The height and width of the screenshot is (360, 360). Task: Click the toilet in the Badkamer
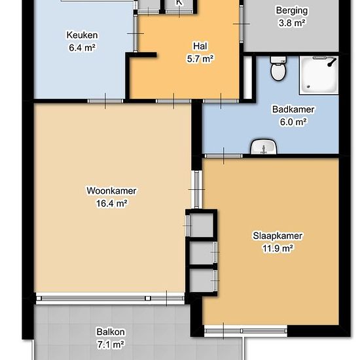[x=278, y=69]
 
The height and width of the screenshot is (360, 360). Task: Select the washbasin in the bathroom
[x=264, y=147]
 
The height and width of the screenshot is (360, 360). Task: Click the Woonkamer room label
[x=111, y=190]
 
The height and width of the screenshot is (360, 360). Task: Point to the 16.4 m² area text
[x=111, y=204]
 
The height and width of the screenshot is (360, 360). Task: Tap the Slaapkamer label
[x=278, y=236]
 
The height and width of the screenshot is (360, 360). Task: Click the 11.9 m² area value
[x=278, y=248]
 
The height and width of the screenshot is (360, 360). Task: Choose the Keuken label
[x=82, y=35]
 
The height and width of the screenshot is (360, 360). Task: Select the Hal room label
[x=200, y=46]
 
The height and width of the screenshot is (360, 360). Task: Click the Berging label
[x=292, y=10]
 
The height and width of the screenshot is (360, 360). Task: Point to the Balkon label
[x=111, y=332]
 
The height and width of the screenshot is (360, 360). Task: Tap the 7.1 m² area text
[x=111, y=344]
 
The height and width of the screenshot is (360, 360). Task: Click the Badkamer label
[x=293, y=109]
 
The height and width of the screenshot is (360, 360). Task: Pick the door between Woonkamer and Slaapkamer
[x=197, y=189]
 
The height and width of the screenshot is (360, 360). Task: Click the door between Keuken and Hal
[x=135, y=33]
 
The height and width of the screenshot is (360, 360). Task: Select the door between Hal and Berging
[x=242, y=24]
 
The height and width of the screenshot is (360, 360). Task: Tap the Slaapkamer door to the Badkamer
[x=223, y=156]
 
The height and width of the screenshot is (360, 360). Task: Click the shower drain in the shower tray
[x=308, y=86]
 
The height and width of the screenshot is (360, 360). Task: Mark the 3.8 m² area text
[x=292, y=23]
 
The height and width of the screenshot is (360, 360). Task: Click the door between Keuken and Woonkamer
[x=105, y=101]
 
